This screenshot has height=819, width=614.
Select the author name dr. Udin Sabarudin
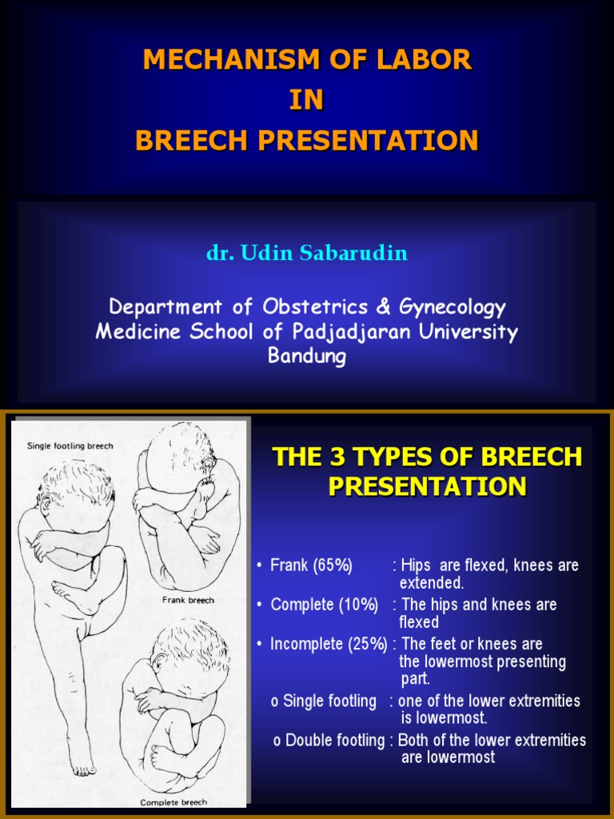[307, 254]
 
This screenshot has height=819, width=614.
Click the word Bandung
[307, 356]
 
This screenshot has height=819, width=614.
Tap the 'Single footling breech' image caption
[70, 445]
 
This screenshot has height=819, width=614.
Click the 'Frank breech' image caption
[189, 600]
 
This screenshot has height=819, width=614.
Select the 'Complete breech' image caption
[173, 801]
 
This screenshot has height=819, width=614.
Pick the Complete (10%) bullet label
[324, 605]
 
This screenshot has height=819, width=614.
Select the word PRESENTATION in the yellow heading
[427, 486]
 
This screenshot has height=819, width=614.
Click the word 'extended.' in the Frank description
[432, 583]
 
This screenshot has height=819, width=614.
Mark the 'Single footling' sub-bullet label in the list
[323, 701]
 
